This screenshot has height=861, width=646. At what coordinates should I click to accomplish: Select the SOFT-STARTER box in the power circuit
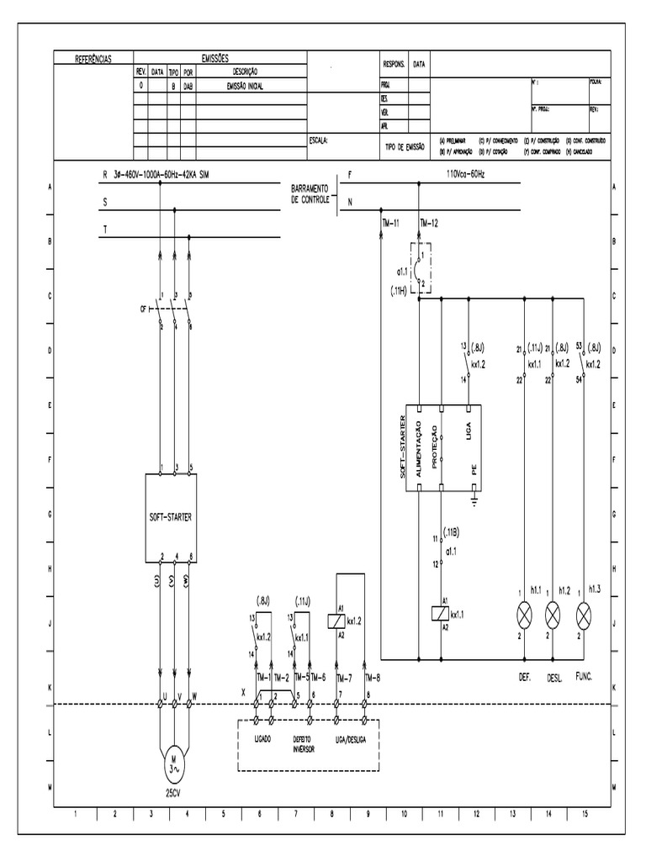click(x=174, y=515)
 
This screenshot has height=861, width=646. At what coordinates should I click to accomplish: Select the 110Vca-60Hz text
click(x=466, y=174)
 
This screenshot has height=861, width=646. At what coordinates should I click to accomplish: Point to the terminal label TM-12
click(x=429, y=222)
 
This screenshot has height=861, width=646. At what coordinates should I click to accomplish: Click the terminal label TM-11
click(x=390, y=222)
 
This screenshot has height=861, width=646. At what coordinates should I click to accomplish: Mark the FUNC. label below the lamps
click(x=583, y=675)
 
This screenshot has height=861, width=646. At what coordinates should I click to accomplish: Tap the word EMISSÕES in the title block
click(x=220, y=58)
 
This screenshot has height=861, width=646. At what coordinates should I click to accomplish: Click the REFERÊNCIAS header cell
click(x=93, y=59)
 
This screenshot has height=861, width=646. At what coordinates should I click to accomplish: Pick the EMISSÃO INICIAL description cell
click(x=246, y=85)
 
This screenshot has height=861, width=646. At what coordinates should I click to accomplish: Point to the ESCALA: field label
click(x=319, y=140)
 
